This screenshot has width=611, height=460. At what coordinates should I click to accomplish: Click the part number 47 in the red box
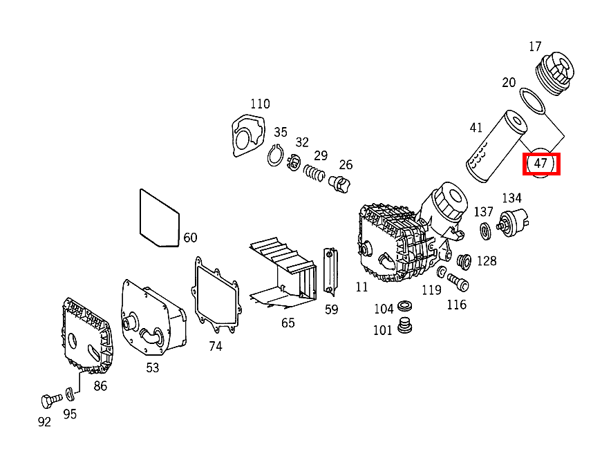coord(540,164)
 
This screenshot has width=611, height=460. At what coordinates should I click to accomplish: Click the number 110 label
coord(260,104)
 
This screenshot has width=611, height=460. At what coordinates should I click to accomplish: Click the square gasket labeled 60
coord(160,218)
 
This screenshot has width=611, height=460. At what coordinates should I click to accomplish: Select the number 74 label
coord(216,346)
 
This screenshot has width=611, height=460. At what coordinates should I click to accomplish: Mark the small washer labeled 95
coord(70,394)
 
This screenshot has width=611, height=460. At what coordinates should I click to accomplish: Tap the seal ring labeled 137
coord(486,230)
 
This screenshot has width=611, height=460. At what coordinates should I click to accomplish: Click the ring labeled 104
coord(406,305)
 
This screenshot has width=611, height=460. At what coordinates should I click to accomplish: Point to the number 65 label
coord(288,323)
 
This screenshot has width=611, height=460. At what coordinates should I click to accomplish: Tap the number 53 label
coord(152,368)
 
